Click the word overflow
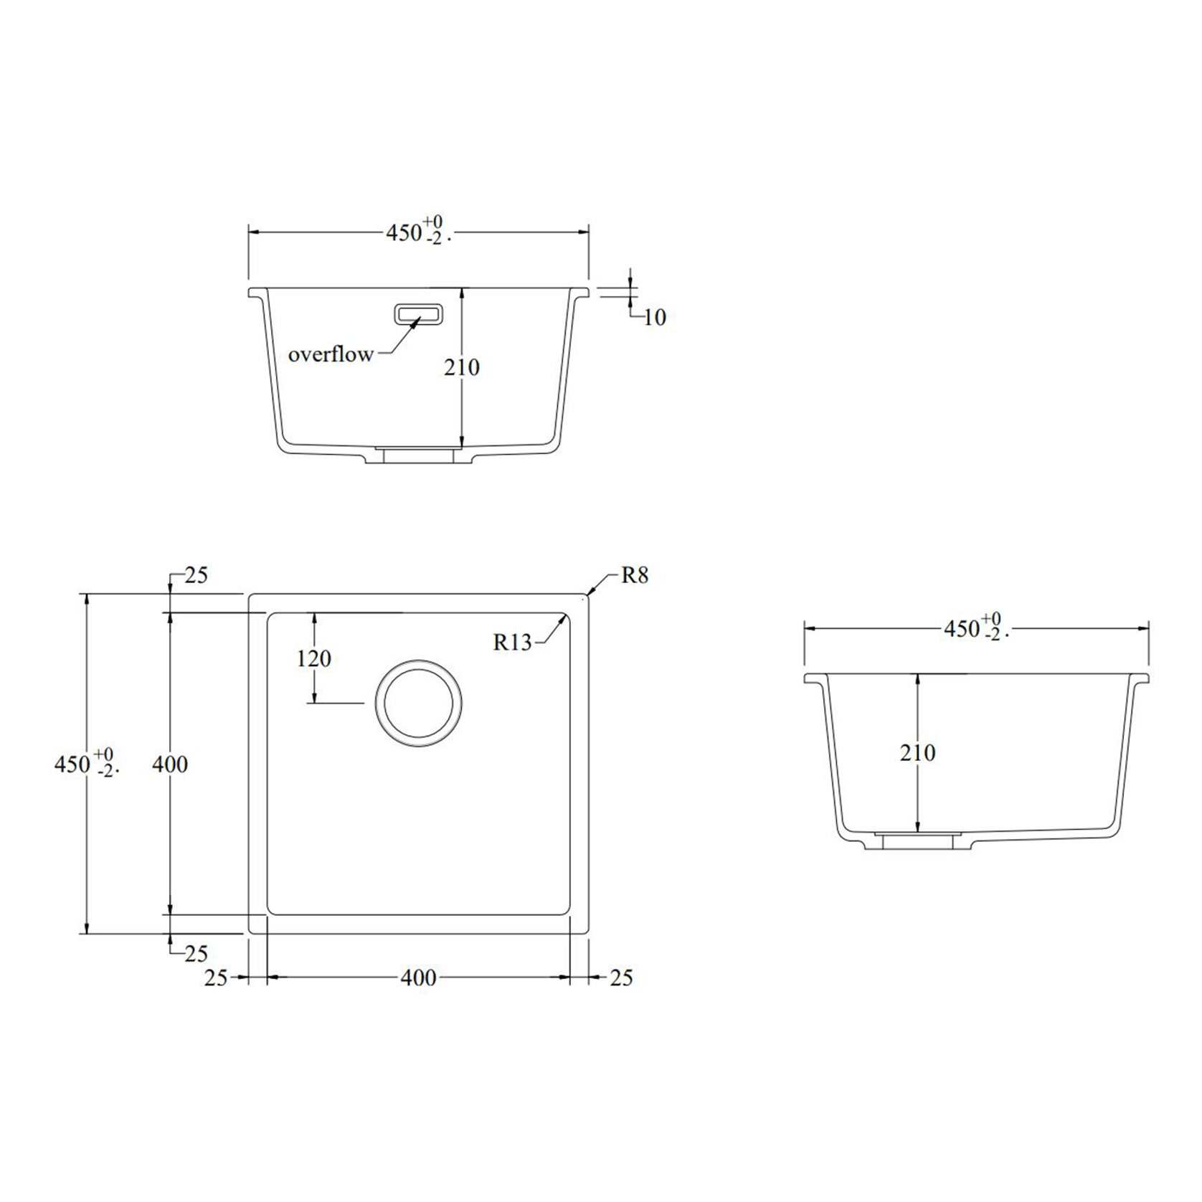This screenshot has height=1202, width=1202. click(331, 354)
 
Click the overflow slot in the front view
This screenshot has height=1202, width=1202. click(418, 314)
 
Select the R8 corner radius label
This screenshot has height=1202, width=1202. click(634, 575)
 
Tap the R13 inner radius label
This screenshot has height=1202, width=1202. click(512, 642)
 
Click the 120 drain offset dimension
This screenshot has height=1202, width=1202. click(314, 658)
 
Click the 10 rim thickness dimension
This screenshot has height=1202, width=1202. click(654, 317)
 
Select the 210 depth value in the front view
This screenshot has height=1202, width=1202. click(461, 368)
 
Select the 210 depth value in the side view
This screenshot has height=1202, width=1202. click(917, 752)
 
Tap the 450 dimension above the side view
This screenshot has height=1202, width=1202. click(962, 629)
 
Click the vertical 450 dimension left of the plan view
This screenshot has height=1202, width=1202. click(72, 765)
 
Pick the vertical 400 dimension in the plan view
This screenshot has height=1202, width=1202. click(170, 765)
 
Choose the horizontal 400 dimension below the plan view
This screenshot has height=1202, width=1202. click(418, 978)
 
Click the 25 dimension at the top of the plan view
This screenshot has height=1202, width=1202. click(195, 575)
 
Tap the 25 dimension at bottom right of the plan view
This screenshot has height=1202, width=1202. click(621, 978)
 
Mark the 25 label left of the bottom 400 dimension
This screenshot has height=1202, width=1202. click(215, 978)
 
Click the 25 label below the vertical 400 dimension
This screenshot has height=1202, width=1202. click(195, 954)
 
